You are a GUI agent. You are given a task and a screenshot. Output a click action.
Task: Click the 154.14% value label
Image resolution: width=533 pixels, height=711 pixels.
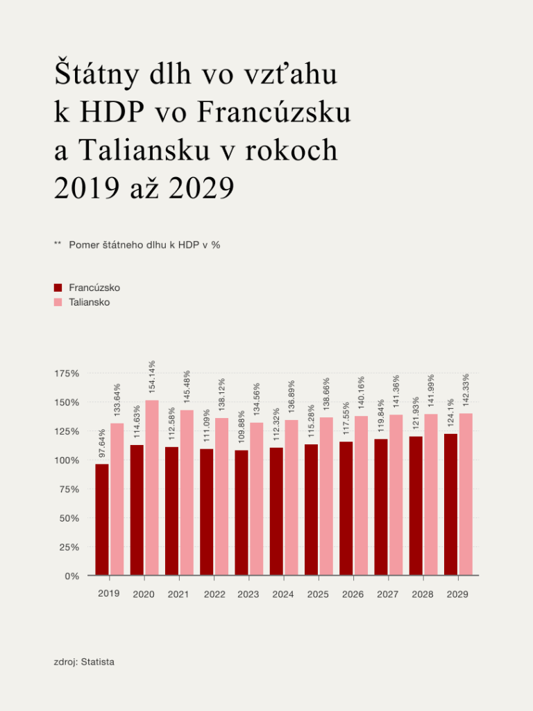point(152,378)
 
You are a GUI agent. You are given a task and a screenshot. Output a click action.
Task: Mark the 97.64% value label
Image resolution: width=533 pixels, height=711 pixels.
point(102,443)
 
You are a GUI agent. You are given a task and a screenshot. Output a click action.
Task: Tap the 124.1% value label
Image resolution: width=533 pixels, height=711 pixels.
point(451,412)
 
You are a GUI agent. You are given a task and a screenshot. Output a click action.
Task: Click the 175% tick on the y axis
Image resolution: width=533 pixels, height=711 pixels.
point(67,374)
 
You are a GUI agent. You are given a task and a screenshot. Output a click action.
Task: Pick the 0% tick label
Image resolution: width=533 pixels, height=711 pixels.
point(72,576)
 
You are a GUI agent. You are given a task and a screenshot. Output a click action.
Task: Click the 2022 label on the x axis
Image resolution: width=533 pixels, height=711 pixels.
point(214,594)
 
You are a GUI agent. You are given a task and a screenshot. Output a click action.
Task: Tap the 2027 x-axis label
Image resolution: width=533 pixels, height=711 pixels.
point(388,594)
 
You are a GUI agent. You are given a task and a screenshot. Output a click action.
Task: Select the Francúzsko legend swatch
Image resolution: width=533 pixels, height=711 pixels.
point(58,287)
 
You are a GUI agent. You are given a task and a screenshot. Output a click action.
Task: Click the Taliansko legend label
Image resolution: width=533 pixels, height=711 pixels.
point(89,302)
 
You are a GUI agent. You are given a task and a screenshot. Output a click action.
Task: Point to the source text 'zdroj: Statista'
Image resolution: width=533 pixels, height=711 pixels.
point(84,662)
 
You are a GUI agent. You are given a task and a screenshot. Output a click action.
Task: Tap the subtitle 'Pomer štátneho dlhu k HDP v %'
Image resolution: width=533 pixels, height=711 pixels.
point(144,244)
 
